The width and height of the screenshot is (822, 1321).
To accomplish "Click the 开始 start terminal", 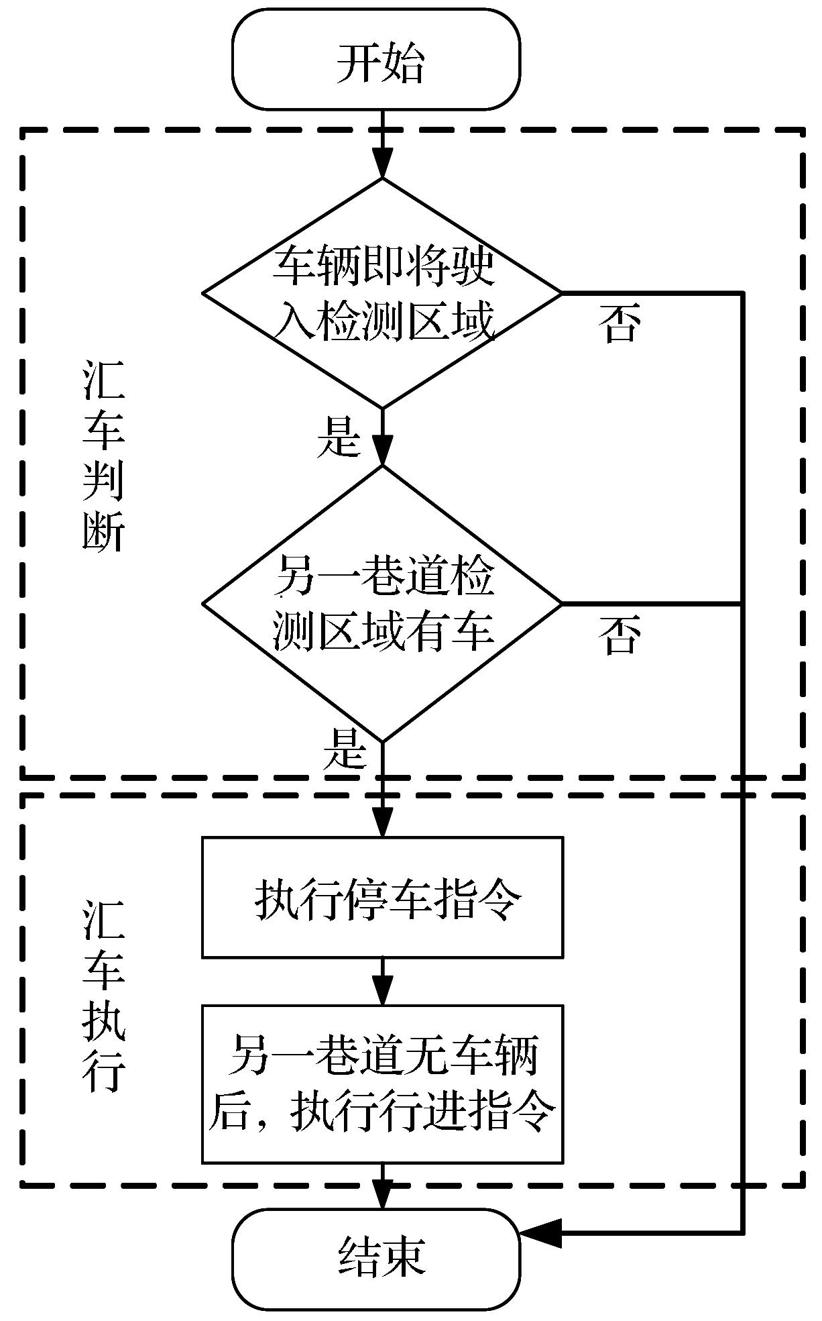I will pos(376,60).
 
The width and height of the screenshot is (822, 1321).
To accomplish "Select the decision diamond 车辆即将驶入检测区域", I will pos(382,293).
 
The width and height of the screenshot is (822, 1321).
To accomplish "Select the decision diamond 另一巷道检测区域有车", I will pos(382,603).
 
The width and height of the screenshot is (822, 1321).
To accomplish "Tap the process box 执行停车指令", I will pos(382,897).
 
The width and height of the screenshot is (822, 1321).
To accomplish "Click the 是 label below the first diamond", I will pos(339,437).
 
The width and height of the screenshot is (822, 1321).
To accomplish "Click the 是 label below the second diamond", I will pos(345,749).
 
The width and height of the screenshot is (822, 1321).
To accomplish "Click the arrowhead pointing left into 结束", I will pos(533,1232).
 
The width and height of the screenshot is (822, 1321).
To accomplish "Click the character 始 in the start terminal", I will pos(404,62).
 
